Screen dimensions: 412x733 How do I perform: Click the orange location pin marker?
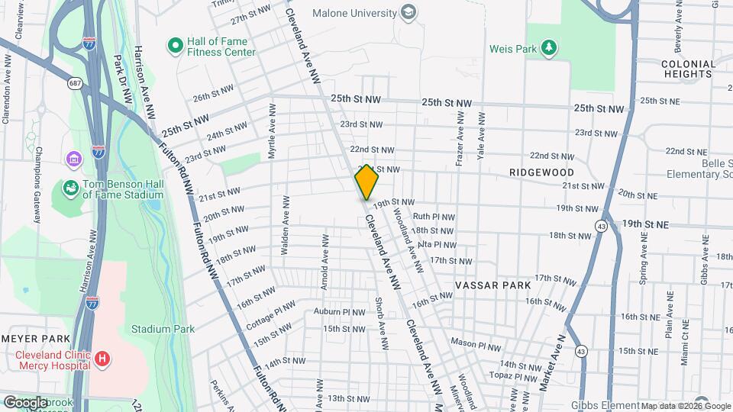tap(367, 182)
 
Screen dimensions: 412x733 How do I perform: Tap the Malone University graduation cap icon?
tap(408, 12)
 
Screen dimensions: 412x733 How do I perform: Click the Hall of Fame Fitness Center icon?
tap(175, 46)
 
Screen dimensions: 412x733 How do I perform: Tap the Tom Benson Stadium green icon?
tap(70, 187)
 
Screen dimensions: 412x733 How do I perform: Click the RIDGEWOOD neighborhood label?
tap(541, 173)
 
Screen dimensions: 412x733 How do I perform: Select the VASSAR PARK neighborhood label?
tap(492, 285)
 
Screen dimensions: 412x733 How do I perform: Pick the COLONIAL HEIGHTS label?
tap(687, 69)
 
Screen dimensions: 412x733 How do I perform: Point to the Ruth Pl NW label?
tap(434, 217)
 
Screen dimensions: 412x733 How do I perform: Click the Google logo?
tap(25, 402)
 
